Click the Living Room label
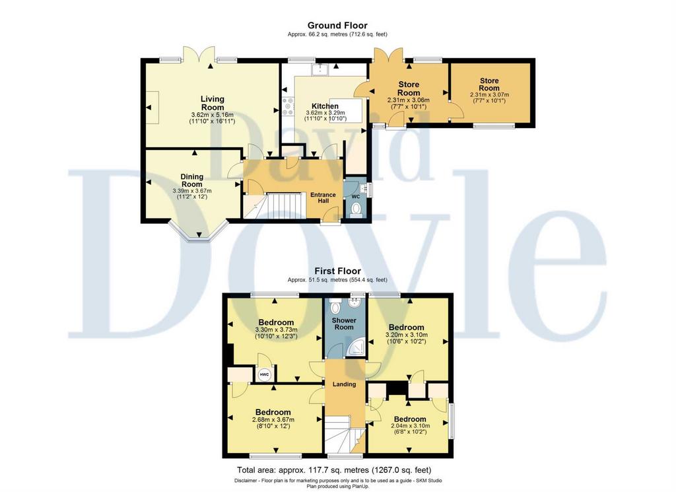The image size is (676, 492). tap(213, 103)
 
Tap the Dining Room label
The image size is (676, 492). tap(192, 180)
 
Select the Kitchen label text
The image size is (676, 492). tap(325, 106)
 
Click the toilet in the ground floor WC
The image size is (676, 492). tap(356, 209)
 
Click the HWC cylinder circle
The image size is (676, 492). tap(264, 374)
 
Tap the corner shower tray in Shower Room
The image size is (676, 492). tap(357, 347)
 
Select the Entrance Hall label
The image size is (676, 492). tap(323, 198)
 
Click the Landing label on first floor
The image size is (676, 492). tap(344, 384)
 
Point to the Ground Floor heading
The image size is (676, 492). tap(337, 26)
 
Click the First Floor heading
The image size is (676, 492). tap(337, 271)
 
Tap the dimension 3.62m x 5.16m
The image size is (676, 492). tap(212, 115)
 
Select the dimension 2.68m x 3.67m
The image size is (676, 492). tap(273, 419)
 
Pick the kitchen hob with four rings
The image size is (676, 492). tap(288, 106)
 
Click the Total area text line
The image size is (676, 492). tap(334, 470)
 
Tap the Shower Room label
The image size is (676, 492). tap(344, 324)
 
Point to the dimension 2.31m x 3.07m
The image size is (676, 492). tap(489, 95)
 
